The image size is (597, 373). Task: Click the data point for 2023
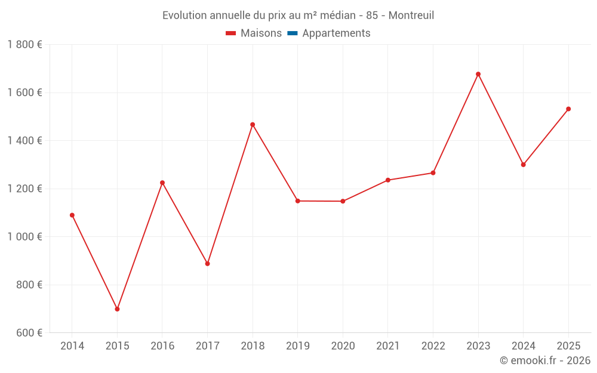coord(478,74)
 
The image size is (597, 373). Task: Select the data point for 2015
coord(117,309)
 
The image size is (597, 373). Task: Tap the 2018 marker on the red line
coord(253,125)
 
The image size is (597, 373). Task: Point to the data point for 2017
coord(207,263)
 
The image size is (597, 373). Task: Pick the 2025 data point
coord(568,109)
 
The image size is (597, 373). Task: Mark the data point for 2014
coord(72,215)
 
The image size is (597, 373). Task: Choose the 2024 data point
coord(523,165)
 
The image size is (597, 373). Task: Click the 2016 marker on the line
coord(162,183)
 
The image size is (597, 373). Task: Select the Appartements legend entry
coord(336,33)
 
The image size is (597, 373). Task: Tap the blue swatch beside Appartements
coord(293,33)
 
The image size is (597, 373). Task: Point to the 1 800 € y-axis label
coord(24,45)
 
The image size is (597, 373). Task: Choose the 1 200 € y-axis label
coord(24,189)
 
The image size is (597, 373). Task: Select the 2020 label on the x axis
coord(343,346)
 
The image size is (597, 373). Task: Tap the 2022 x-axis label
coord(433,346)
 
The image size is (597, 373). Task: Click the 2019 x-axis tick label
coord(297,346)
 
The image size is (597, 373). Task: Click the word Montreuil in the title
coord(411,15)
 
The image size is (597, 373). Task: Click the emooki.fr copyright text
coord(545,360)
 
